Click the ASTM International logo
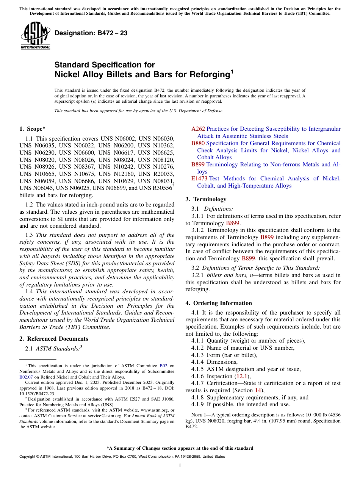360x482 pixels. [35, 35]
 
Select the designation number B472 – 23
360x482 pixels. [91, 33]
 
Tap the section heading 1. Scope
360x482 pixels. [33, 129]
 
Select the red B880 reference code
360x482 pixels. [198, 143]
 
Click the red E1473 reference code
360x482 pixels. [199, 178]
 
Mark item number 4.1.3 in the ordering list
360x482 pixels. [198, 355]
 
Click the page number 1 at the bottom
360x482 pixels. [180, 465]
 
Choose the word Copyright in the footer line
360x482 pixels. [28, 457]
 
